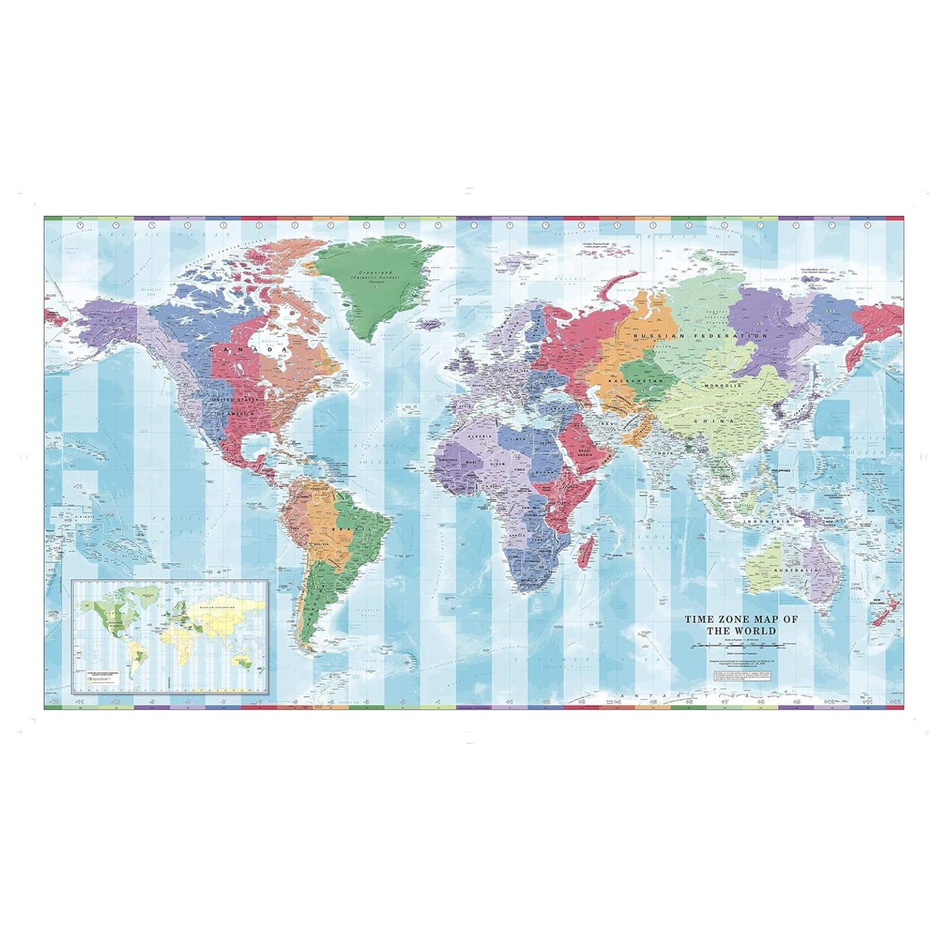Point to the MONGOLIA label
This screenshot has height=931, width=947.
tap(723, 385)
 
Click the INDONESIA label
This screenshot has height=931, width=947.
tap(765, 521)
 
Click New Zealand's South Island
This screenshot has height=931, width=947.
tap(880, 620)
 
